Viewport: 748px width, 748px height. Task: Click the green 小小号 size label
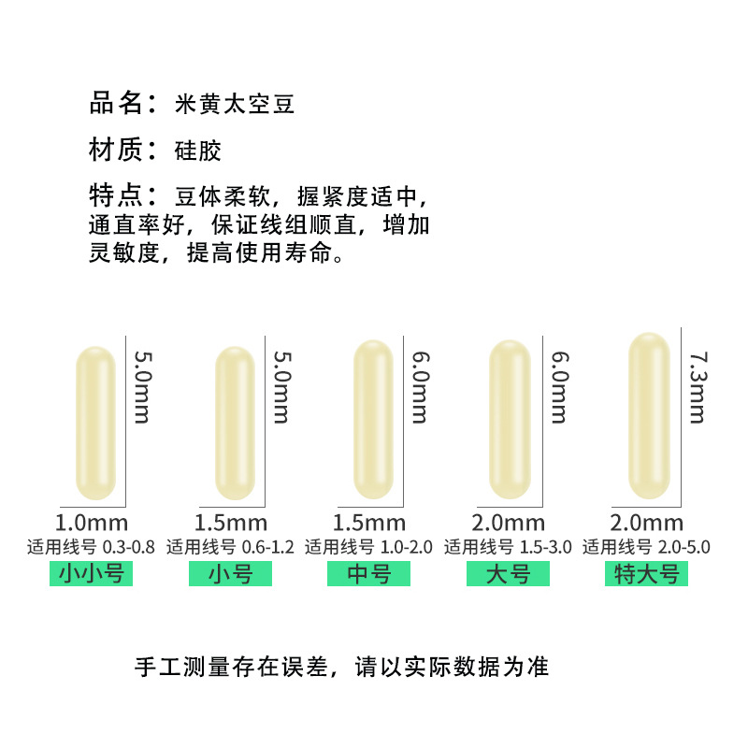[x=91, y=573]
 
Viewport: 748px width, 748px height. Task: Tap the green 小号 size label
[x=230, y=573]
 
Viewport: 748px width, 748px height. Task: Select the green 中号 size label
[x=368, y=573]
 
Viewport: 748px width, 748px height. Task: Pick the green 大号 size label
[x=508, y=573]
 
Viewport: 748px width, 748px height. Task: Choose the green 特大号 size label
[x=646, y=573]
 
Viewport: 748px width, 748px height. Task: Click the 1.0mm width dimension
[x=93, y=523]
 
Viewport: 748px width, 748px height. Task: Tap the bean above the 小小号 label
[x=94, y=423]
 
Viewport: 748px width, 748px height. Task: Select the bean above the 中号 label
[x=372, y=420]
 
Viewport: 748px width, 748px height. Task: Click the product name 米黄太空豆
[x=236, y=104]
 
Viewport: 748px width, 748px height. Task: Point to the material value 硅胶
[x=198, y=151]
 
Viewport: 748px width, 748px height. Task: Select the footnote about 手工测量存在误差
[x=341, y=667]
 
